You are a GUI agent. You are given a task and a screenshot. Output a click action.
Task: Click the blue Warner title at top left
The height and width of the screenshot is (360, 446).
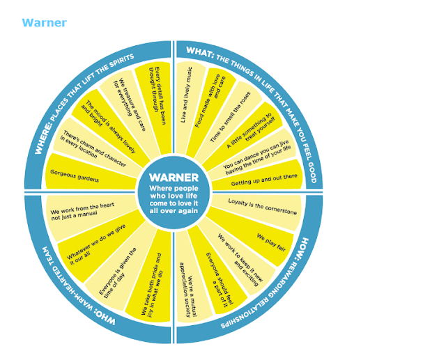tap(44, 23)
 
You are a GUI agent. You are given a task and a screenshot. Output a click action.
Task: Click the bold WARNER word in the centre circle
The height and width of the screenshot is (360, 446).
tap(174, 178)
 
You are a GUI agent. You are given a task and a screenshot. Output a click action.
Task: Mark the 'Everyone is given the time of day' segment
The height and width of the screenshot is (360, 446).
tap(123, 269)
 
